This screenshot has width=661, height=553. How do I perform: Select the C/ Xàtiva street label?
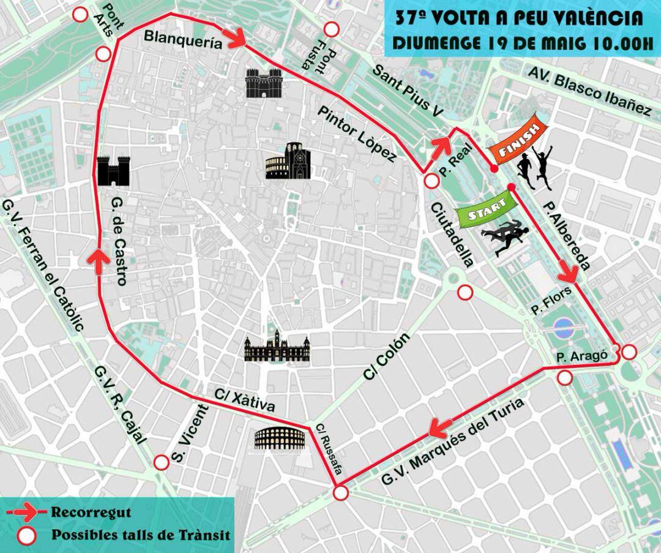[244, 401]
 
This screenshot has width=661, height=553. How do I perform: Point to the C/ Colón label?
[385, 358]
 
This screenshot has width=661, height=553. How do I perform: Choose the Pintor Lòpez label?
[357, 133]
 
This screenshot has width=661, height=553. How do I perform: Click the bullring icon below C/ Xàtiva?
[280, 438]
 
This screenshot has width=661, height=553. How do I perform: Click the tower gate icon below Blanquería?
[263, 83]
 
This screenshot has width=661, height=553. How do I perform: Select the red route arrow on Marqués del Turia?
[441, 426]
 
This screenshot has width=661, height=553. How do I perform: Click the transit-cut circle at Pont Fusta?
[332, 29]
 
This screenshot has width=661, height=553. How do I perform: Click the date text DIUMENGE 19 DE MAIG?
[484, 44]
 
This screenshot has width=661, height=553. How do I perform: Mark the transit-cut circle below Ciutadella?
[465, 292]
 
